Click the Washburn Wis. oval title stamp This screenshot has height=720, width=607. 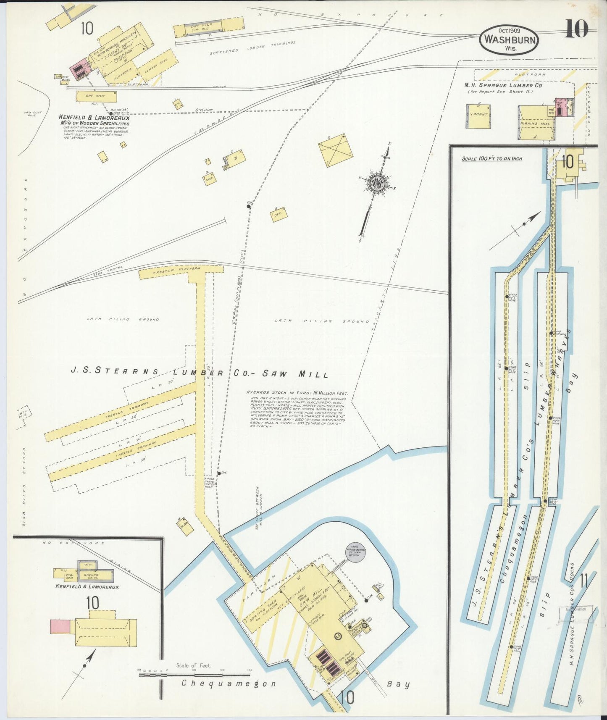click(x=510, y=39)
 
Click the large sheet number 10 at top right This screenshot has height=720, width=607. click(x=576, y=28)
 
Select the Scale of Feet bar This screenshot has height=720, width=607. click(x=196, y=675)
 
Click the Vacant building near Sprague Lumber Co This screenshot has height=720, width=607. click(x=478, y=116)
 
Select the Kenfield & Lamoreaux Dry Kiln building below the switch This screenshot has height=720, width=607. click(x=96, y=96)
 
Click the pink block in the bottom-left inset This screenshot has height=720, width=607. click(x=60, y=626)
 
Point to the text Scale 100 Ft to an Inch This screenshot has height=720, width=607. click(x=491, y=159)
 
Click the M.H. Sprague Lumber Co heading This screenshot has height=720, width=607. click(x=502, y=85)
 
